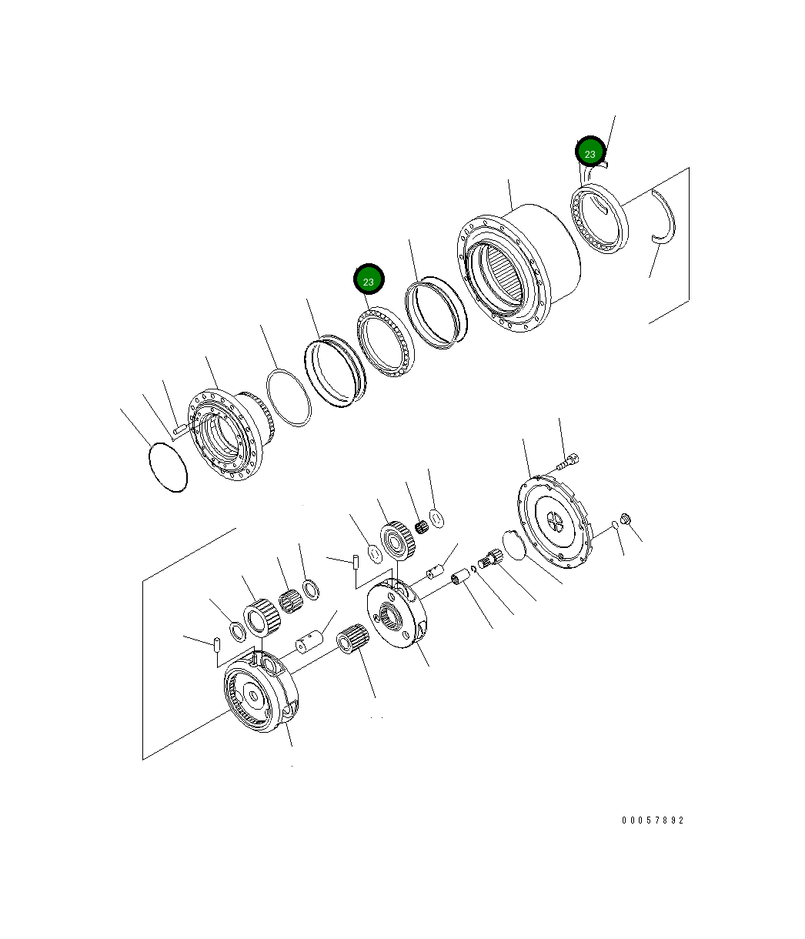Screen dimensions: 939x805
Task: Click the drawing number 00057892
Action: point(653,820)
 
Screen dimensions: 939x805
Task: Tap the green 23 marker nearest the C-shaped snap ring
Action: point(590,153)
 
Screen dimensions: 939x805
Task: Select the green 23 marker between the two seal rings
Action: point(369,281)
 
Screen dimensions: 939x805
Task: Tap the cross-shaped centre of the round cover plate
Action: point(554,523)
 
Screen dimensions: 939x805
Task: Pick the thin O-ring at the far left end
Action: point(167,466)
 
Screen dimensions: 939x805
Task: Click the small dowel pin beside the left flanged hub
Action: point(177,428)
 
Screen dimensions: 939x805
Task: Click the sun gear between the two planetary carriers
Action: point(354,638)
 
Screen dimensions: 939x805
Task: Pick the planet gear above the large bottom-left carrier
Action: point(259,617)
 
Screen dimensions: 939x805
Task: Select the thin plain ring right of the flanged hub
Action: point(289,397)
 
